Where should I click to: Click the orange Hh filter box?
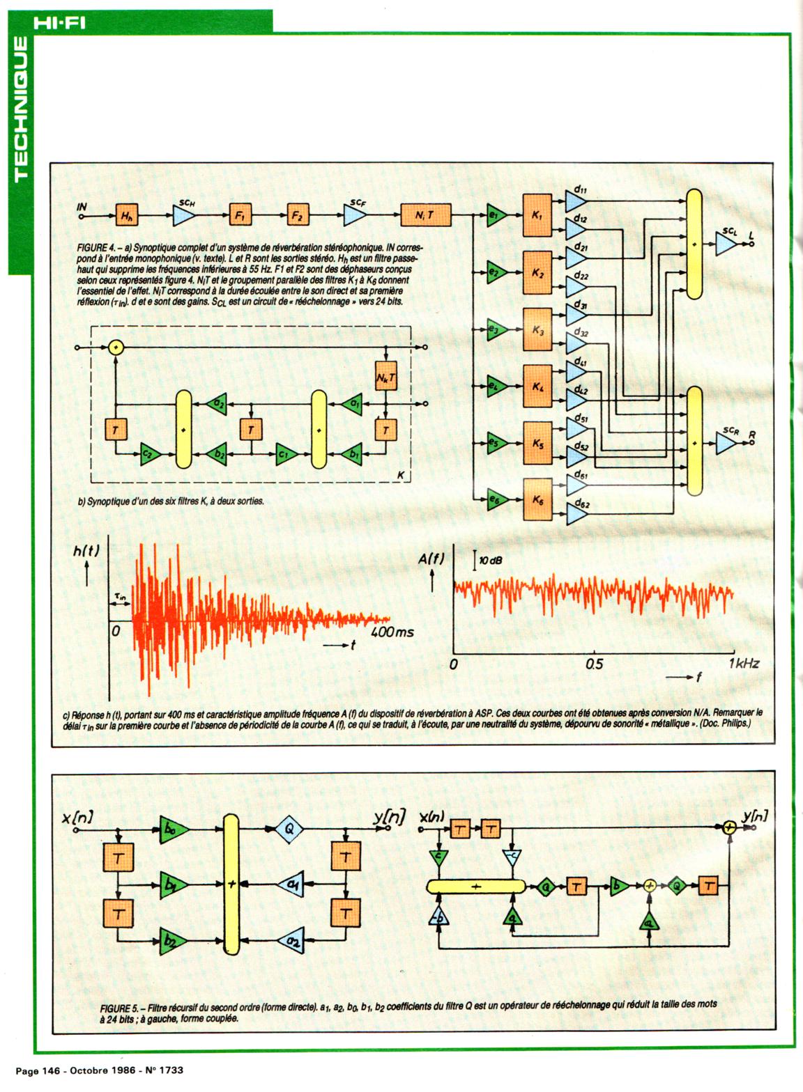(126, 216)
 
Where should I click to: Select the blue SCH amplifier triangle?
(184, 216)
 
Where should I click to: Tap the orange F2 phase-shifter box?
(298, 216)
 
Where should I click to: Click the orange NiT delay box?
(425, 215)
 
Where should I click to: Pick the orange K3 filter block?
(537, 329)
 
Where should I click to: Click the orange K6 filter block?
(537, 499)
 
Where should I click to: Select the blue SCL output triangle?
(726, 244)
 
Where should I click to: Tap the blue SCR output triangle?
(726, 443)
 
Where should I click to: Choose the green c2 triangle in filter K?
(149, 455)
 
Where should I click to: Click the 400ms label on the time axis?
(392, 632)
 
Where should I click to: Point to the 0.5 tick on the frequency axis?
(594, 664)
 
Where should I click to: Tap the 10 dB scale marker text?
(491, 560)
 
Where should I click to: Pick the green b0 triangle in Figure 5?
(171, 829)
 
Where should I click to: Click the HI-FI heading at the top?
(59, 23)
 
